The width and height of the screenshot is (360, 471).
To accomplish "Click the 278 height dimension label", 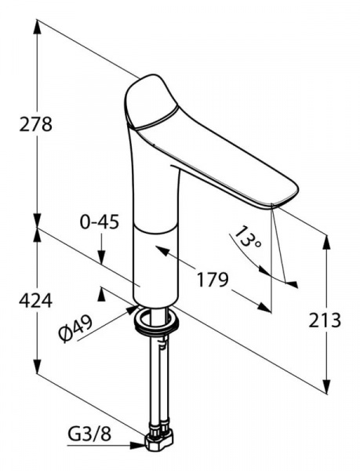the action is coord(35,124).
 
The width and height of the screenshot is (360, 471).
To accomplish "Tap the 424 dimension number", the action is coord(35,301).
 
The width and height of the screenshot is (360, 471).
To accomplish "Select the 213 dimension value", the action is coord(325,319).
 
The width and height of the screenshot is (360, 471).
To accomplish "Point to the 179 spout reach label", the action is coord(213,279).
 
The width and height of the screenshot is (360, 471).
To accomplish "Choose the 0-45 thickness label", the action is coord(100,222).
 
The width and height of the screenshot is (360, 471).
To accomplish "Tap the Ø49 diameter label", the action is coord(75,329).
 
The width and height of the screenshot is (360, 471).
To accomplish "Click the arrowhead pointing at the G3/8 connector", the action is coord(138,445).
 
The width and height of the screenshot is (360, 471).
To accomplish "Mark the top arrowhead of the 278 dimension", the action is coord(37,27).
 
